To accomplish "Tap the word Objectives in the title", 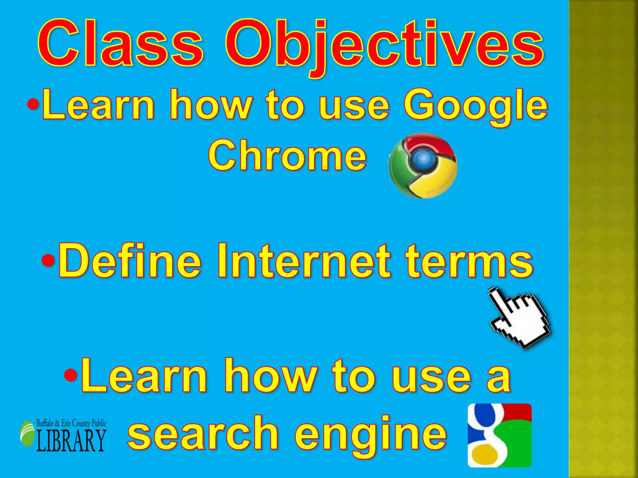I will point(384,45).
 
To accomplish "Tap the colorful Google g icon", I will point(500,435).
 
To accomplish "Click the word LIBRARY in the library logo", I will point(71,440).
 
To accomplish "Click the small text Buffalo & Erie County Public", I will point(71,423).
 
